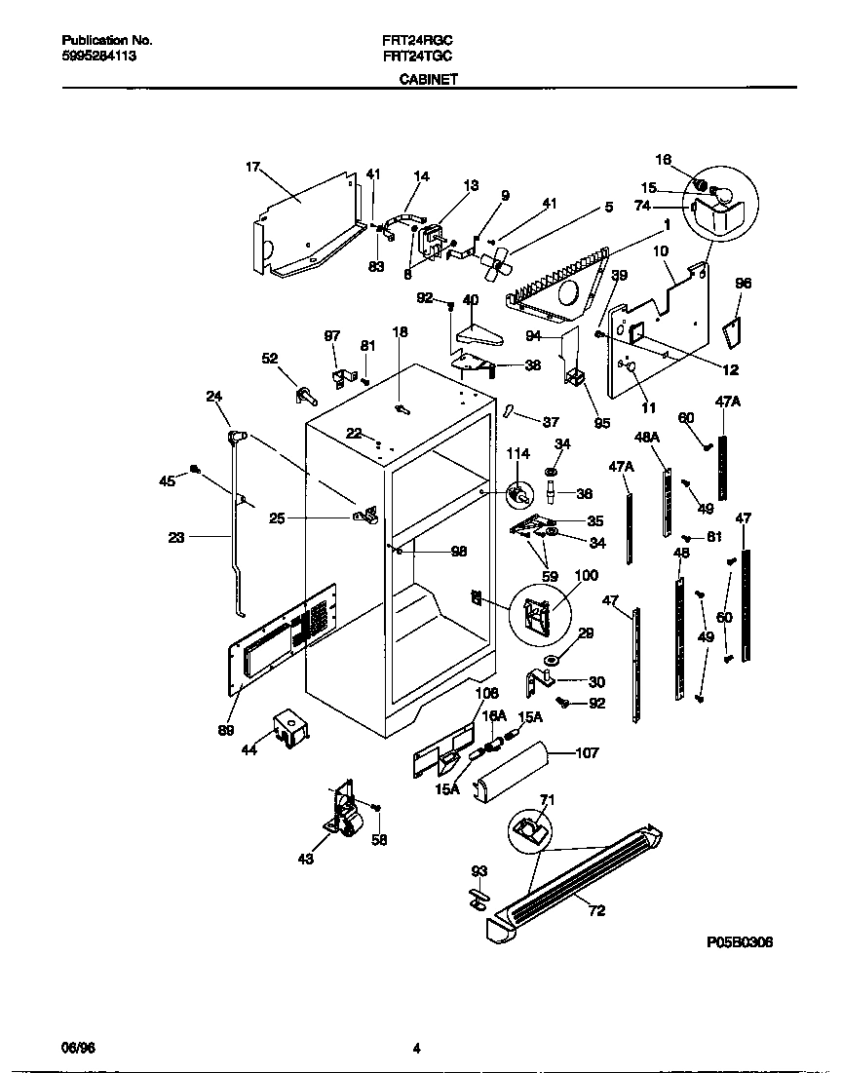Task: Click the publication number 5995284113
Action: tap(98, 57)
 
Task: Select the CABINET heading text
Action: tap(429, 82)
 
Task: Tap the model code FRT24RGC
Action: tap(417, 41)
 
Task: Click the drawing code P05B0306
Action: tap(740, 943)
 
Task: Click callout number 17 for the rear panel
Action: tap(252, 167)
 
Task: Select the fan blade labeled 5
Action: tap(497, 262)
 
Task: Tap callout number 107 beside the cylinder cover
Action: tap(588, 752)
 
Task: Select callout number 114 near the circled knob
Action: tap(517, 453)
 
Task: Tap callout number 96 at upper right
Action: tap(744, 284)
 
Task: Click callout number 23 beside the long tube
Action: tap(175, 536)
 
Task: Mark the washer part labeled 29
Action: tap(551, 664)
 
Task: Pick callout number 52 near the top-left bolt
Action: tap(270, 359)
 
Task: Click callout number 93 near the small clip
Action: tap(478, 870)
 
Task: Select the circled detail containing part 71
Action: tap(529, 830)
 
